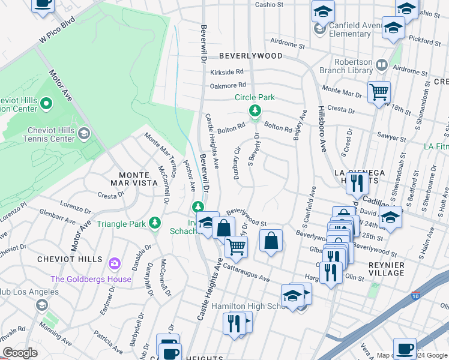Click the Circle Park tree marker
[x=255, y=110]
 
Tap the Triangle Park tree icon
[x=155, y=223]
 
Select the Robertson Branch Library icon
[x=381, y=64]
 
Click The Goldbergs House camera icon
[x=114, y=263]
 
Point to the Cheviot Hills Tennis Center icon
[x=84, y=133]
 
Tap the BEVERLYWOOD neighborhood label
[x=250, y=56]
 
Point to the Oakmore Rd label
[x=228, y=86]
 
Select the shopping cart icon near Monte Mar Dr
[x=379, y=92]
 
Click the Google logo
[x=20, y=353]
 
